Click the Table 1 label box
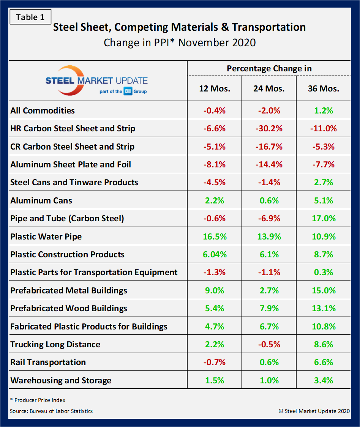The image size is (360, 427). coord(30,17)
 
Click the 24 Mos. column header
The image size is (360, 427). coord(269,88)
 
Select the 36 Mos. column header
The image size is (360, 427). coord(324,88)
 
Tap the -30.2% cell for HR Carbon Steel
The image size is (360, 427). coord(269,128)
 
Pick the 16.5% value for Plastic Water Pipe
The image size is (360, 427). coord(215,236)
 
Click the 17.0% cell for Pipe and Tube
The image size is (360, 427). coord(324,218)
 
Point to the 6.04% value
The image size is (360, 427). coord(215,254)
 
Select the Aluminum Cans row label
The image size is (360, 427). coord(41,200)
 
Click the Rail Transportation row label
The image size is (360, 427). coord(48,362)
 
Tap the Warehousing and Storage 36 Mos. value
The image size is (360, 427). coord(324,380)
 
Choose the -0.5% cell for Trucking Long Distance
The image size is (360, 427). coord(269,344)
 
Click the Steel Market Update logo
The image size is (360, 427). coord(96,80)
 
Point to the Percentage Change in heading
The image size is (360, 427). coord(269,68)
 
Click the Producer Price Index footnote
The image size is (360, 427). coord(38,400)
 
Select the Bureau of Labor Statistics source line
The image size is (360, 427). coord(51,411)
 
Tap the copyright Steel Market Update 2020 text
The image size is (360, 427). coord(314,411)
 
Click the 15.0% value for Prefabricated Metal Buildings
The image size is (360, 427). coord(324,290)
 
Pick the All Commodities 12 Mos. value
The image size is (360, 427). coord(215,110)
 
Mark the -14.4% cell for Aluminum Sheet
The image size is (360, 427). coord(269,164)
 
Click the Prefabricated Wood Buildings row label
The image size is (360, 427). coord(69,308)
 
